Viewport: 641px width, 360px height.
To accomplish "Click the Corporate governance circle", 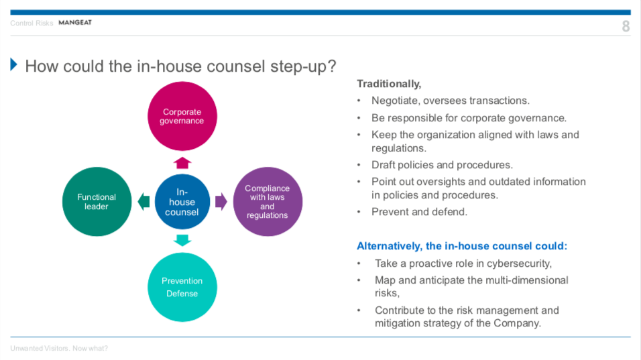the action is (x=182, y=116).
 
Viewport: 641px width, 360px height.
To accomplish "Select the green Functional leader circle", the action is (x=97, y=202).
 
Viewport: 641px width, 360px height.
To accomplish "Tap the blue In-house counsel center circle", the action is (x=182, y=202).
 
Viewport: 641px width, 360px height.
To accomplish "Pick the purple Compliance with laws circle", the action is (x=268, y=202).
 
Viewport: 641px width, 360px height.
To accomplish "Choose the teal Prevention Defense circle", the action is (x=182, y=287).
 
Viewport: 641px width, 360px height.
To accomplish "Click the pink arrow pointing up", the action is (x=182, y=163).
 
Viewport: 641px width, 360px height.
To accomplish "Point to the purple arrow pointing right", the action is (x=221, y=202).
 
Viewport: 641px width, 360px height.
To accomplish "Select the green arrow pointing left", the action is (x=143, y=202).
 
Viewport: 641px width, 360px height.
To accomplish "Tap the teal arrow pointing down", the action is (x=182, y=240).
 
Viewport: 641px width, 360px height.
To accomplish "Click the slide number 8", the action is (x=626, y=27).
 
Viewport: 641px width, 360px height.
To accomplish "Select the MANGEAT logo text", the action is (x=75, y=23).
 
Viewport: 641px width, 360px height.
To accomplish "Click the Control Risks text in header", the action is (x=32, y=23).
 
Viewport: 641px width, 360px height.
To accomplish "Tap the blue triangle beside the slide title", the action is (x=14, y=64).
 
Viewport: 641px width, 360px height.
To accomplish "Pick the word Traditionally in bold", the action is (x=388, y=84).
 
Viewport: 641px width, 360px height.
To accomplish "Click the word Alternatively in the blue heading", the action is (x=388, y=246).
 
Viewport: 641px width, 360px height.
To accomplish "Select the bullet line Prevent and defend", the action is (x=419, y=212).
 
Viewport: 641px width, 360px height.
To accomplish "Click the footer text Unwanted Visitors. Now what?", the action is (x=59, y=348).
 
